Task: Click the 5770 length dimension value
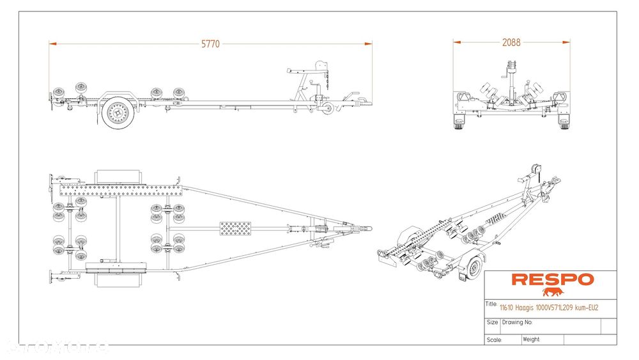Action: [210, 43]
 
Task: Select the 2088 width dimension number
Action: [512, 43]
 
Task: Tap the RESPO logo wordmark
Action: [552, 279]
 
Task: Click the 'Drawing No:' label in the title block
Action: [518, 322]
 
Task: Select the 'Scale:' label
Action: [493, 340]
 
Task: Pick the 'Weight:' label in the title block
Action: [532, 340]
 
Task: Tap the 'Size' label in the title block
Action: [492, 322]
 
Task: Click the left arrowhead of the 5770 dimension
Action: [52, 43]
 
